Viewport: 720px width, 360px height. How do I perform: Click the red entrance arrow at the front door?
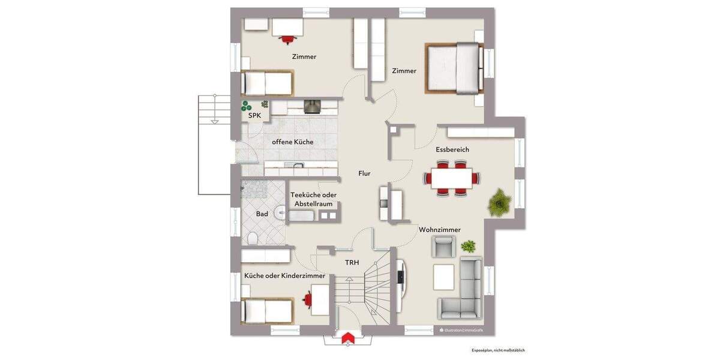click(346, 339)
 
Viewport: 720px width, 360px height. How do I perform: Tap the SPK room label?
click(254, 115)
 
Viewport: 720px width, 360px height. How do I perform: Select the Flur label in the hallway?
click(364, 173)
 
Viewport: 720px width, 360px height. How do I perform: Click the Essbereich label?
click(452, 149)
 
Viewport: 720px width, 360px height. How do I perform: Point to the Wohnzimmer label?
click(440, 230)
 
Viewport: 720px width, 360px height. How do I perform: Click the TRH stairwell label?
click(352, 263)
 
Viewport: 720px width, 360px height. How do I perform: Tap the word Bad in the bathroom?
click(262, 214)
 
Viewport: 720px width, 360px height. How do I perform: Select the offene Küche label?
click(292, 142)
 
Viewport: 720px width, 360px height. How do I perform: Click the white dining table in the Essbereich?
click(451, 178)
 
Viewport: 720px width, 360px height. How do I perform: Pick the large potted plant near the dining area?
click(499, 203)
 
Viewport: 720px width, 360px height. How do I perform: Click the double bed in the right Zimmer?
click(455, 68)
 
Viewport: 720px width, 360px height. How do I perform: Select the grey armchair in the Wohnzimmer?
click(443, 245)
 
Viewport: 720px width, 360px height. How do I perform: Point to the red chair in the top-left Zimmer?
click(287, 40)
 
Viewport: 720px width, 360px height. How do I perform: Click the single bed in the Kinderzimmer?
click(266, 311)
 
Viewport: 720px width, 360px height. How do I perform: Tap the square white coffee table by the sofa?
click(444, 277)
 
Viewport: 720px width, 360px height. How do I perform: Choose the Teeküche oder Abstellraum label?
click(313, 199)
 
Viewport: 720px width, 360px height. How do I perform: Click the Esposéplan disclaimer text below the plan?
click(498, 350)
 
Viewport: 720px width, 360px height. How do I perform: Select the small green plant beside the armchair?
click(468, 246)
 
